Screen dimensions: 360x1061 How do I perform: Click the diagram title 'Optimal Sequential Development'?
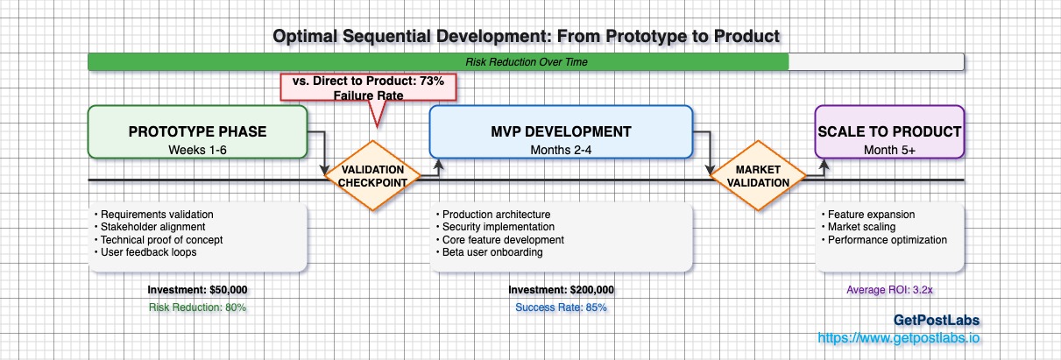pos(526,36)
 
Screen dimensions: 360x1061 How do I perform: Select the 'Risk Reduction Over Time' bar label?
pos(526,62)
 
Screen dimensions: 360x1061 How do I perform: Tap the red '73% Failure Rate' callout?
pos(368,88)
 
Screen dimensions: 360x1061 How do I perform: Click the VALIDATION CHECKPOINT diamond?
pos(372,175)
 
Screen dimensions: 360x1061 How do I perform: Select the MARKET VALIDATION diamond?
pos(757,175)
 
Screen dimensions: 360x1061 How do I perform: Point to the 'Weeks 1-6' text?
pos(197,149)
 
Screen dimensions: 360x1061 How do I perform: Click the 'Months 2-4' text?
pos(561,149)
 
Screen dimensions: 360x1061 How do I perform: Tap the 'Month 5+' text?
pos(889,149)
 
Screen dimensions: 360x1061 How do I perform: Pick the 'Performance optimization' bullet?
pos(885,239)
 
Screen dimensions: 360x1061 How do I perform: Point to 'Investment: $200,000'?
pos(561,290)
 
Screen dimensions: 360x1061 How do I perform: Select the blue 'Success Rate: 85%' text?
pos(561,307)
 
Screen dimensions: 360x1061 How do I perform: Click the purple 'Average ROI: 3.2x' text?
pos(889,290)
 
